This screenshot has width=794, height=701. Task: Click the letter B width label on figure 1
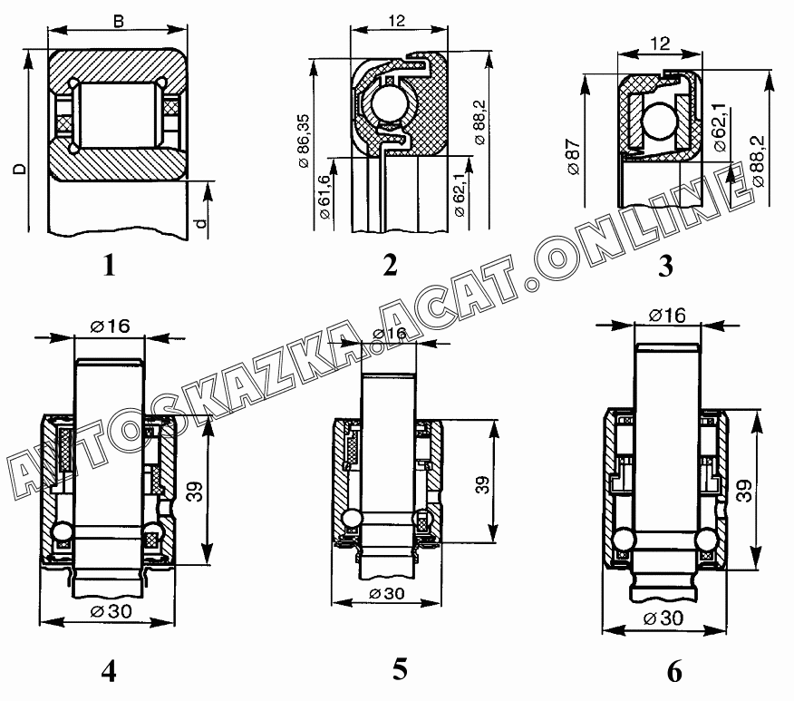click(119, 22)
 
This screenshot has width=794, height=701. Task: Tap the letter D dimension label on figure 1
click(19, 168)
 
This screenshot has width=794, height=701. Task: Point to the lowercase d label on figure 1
click(201, 223)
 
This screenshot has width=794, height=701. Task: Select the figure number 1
click(109, 265)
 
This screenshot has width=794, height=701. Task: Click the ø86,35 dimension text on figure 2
click(304, 141)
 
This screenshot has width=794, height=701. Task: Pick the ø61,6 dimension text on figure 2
click(324, 197)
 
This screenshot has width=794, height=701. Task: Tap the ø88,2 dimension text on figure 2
click(479, 122)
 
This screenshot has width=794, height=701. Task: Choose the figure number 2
click(390, 265)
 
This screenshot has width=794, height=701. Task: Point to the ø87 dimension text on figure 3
click(574, 157)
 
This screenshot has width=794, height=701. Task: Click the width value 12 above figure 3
click(660, 44)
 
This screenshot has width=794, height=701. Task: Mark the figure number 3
click(665, 266)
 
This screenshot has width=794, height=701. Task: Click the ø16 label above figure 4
click(110, 326)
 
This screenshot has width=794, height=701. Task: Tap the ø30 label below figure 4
click(111, 611)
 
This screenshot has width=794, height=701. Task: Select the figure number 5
click(400, 669)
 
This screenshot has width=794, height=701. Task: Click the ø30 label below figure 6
click(663, 618)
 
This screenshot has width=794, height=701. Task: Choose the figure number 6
click(674, 672)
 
